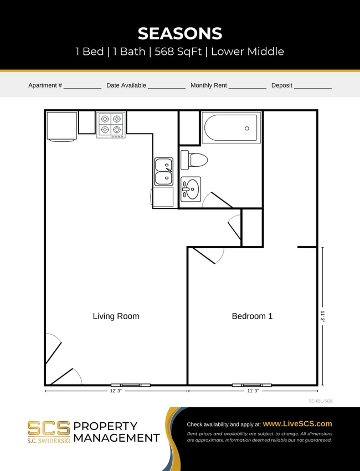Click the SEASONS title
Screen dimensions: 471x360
(180, 33)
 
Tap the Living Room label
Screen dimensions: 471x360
(116, 316)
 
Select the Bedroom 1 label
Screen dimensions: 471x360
(252, 316)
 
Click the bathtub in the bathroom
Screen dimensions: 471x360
(230, 128)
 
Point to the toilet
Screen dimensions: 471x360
(194, 160)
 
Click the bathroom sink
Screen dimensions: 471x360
(191, 188)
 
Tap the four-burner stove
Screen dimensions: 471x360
(111, 125)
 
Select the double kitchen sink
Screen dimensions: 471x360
(163, 171)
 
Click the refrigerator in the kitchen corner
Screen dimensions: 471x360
(61, 126)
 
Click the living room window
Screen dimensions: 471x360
(130, 385)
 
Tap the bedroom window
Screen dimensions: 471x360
(252, 385)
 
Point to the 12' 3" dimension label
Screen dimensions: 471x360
(116, 391)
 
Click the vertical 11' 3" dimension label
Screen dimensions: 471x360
(322, 316)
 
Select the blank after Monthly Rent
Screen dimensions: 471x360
(247, 86)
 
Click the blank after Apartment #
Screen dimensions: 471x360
(82, 86)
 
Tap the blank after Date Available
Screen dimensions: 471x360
(166, 86)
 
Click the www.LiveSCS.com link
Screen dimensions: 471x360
(297, 423)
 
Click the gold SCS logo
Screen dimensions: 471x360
(49, 428)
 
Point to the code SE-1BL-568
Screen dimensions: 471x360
(320, 401)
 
